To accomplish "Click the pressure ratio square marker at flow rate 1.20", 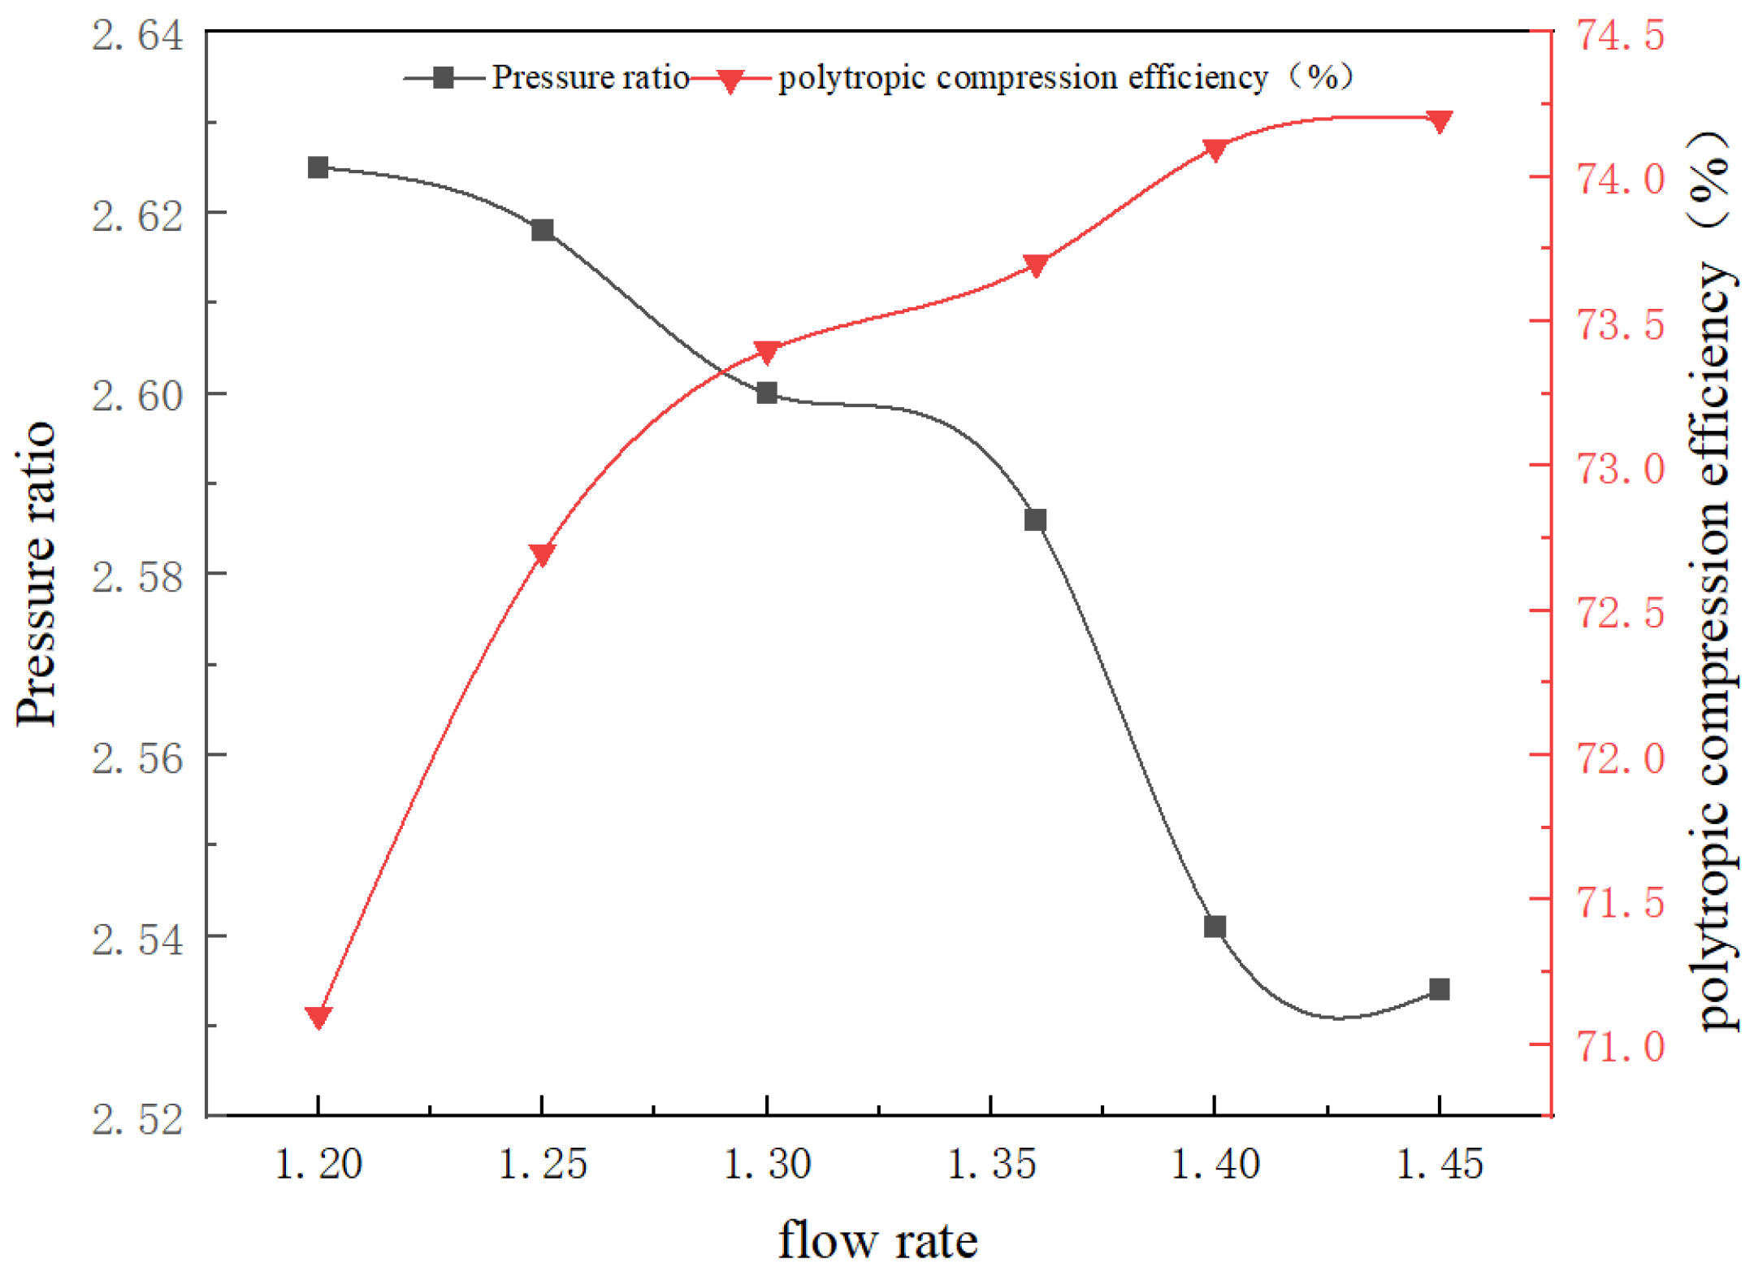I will (x=318, y=167).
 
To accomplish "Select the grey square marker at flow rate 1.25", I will (x=542, y=230).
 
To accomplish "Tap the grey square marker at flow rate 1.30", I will (x=766, y=393).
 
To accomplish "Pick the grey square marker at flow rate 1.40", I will (x=1214, y=927).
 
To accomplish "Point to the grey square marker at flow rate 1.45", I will (x=1438, y=989).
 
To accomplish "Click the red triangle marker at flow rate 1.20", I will (x=318, y=1016).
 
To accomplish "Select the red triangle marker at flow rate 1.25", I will (x=542, y=554).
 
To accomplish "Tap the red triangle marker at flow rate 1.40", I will (x=1214, y=150).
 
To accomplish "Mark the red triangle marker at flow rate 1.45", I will (x=1438, y=121).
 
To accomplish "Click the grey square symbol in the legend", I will (x=443, y=78).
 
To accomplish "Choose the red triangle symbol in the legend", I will (x=730, y=80).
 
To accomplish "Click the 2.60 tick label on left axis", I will (x=136, y=397).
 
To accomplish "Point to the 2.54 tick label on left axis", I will (x=136, y=940).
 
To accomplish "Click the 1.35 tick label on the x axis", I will (x=991, y=1164).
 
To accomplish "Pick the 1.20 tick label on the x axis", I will (x=318, y=1164).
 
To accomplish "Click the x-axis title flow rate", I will (x=877, y=1239).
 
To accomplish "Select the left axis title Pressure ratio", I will (x=37, y=573).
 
